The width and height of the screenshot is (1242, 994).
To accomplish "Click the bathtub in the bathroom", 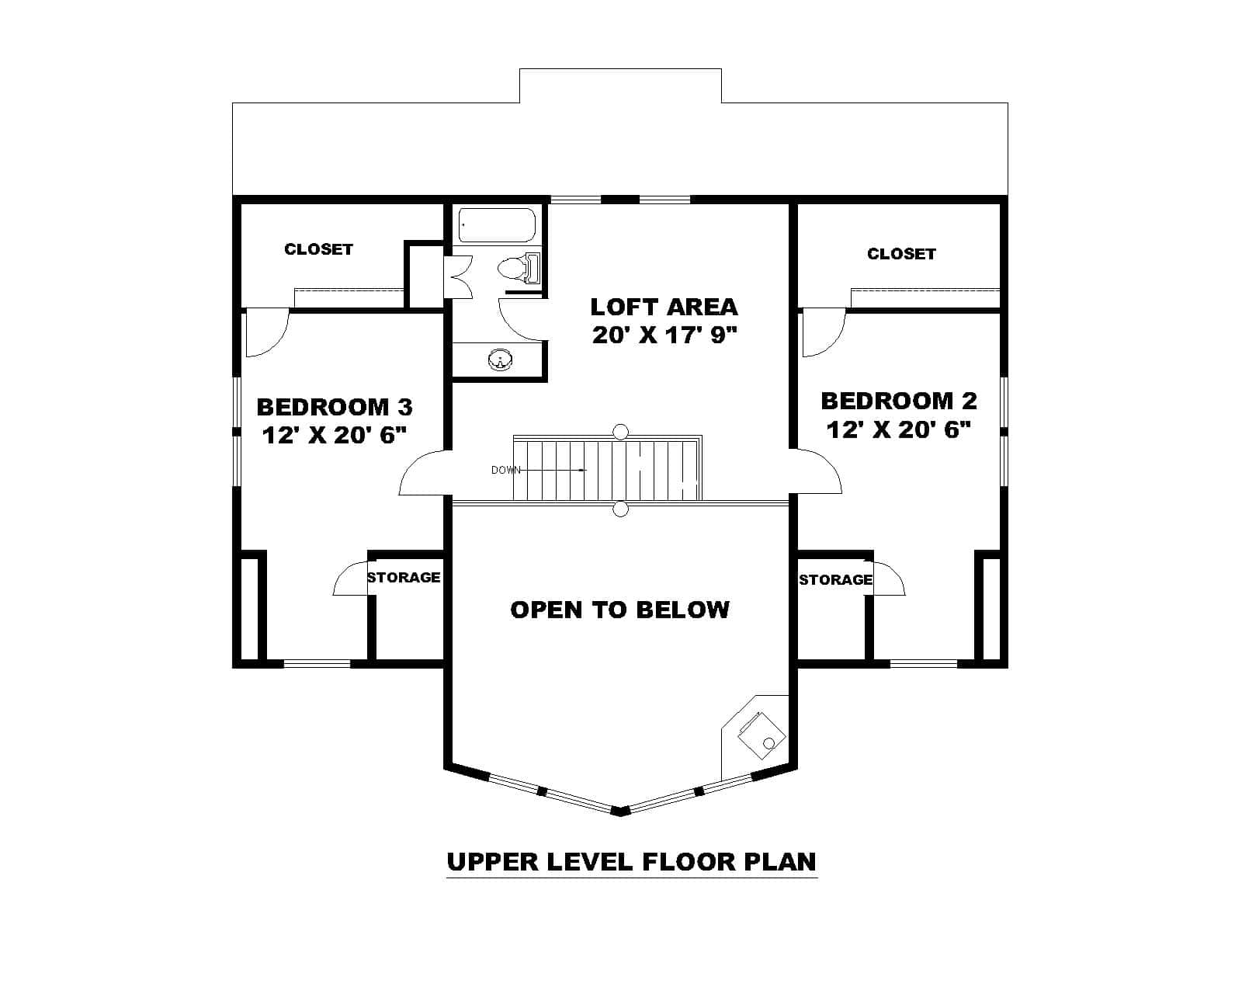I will point(497,225).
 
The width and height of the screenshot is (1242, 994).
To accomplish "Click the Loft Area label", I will point(664,307).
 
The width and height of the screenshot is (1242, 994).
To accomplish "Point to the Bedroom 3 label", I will point(335,407).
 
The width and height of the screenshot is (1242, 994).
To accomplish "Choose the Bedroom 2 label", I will point(898,401).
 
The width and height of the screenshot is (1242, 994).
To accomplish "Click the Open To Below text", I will point(619,610).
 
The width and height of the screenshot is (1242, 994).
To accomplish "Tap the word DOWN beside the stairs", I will point(505,470).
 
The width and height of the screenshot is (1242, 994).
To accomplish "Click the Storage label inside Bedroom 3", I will point(404,578).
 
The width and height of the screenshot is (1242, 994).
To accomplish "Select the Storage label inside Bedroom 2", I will point(835,580).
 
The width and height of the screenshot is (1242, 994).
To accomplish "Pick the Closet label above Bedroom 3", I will point(318,249).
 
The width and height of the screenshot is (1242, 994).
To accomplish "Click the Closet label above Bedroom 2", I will point(901,254).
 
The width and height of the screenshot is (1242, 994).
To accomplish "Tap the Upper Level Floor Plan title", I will point(631,862).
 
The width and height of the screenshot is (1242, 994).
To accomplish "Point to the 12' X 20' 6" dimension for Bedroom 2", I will point(898,430).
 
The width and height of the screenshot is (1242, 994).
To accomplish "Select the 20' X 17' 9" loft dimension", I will point(664,335).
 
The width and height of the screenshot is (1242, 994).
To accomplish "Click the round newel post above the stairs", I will point(620,432).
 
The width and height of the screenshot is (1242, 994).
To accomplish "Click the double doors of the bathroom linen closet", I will point(458,276).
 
